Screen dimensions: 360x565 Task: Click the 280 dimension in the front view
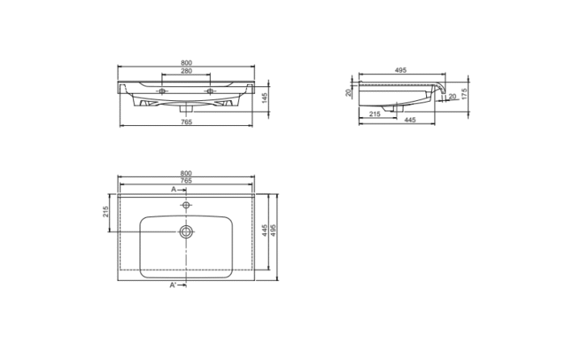(186, 72)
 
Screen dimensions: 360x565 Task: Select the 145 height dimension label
(265, 97)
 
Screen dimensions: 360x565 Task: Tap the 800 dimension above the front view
(186, 62)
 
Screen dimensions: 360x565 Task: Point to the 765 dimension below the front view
(186, 122)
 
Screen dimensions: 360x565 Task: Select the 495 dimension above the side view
(400, 70)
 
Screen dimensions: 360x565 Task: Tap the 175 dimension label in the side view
(466, 94)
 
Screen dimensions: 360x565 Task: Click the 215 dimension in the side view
(375, 114)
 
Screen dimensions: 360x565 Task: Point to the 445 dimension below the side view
(409, 121)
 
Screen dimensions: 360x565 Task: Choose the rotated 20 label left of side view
(349, 93)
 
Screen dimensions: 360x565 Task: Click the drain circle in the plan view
(186, 232)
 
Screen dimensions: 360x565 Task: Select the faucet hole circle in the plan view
(186, 206)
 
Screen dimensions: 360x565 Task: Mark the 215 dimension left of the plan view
(106, 212)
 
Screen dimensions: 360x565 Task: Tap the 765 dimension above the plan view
(186, 181)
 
